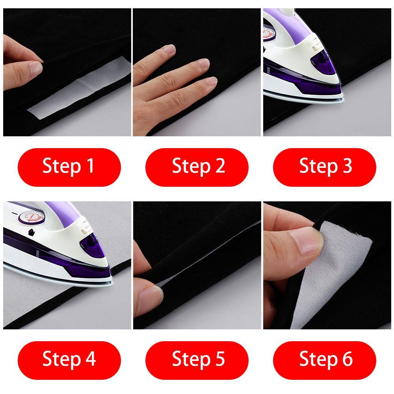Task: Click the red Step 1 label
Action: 69,167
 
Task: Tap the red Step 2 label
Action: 197,167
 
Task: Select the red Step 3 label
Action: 324,167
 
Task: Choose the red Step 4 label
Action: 69,360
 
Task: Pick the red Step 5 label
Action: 197,360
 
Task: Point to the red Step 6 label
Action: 324,360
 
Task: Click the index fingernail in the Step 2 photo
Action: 169,48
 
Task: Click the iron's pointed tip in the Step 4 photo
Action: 112,282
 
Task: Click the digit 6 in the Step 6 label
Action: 347,359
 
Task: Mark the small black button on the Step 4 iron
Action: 32,232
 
